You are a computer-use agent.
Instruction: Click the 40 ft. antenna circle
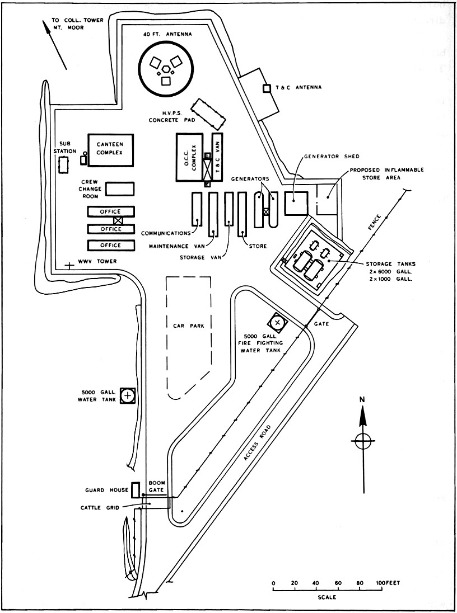click(x=166, y=68)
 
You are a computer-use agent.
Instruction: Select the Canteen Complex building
click(x=110, y=150)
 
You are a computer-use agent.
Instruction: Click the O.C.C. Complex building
click(x=190, y=157)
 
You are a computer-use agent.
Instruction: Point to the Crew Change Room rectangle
click(x=120, y=188)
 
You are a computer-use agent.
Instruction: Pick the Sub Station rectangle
click(x=64, y=165)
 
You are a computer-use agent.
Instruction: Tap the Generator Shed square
click(x=296, y=203)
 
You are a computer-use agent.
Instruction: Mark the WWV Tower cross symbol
click(x=68, y=266)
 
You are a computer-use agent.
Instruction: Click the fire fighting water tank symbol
click(x=278, y=322)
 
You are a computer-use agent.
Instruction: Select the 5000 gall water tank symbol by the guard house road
click(x=128, y=395)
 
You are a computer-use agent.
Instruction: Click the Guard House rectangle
click(x=134, y=490)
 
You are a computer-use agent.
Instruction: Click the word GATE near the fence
click(x=321, y=324)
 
